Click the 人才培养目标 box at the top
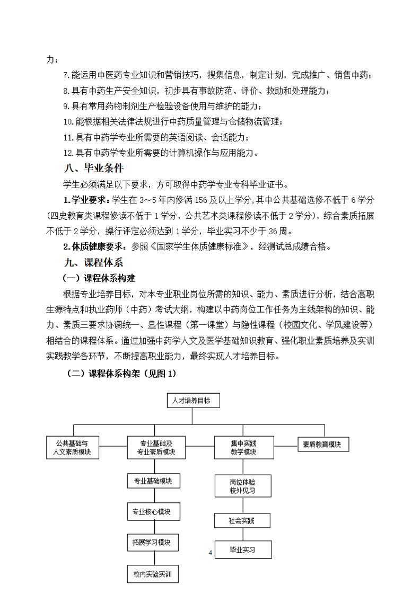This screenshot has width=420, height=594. pos(192,401)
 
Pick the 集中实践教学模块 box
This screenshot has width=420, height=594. pos(243,447)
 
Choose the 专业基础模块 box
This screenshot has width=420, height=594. pos(154,481)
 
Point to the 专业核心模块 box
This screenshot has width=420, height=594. pos(154,512)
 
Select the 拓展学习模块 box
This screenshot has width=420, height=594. pos(154,543)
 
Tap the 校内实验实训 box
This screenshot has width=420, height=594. pos(154,573)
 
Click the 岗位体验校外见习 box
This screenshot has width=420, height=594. pos(243,486)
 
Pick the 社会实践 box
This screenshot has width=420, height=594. pos(243,520)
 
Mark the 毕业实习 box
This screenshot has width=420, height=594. pos(243,550)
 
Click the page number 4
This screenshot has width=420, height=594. pos(211,553)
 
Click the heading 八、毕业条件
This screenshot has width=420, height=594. pos(93,168)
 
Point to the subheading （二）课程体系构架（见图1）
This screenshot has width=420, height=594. pos(121,373)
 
